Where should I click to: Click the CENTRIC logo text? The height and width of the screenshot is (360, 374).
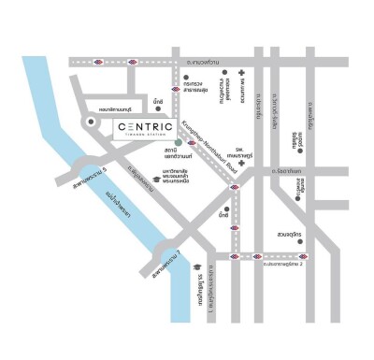click(146, 124)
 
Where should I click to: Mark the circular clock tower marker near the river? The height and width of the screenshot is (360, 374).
click(91, 122)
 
